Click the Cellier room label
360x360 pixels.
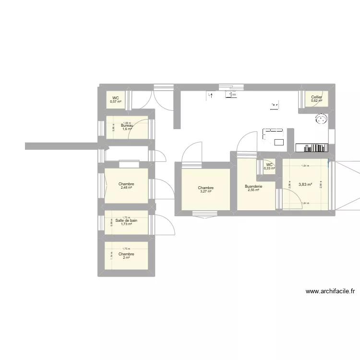point(316,97)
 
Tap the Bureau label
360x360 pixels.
point(126,126)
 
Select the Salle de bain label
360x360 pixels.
point(126,220)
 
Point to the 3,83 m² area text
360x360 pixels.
point(305,184)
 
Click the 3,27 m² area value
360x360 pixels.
point(205,192)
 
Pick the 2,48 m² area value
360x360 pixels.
point(126,188)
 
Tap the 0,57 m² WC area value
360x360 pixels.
point(115,102)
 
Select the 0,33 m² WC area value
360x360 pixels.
point(269,168)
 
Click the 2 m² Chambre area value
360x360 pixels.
point(126,258)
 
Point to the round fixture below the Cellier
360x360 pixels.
point(321,119)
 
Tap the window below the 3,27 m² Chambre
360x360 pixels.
point(205,213)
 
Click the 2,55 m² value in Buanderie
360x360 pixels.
point(253,190)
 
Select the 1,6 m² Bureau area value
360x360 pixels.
point(126,129)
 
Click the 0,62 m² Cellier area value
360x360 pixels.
point(316,101)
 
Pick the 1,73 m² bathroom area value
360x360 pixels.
point(126,224)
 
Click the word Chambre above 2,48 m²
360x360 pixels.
point(126,184)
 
